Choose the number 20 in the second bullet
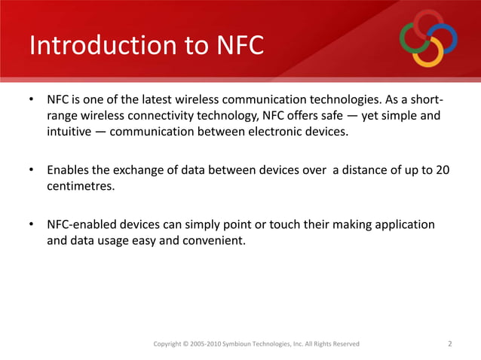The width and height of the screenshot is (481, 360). point(444,171)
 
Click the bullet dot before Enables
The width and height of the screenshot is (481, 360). point(32,171)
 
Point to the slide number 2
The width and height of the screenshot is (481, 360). point(449,344)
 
